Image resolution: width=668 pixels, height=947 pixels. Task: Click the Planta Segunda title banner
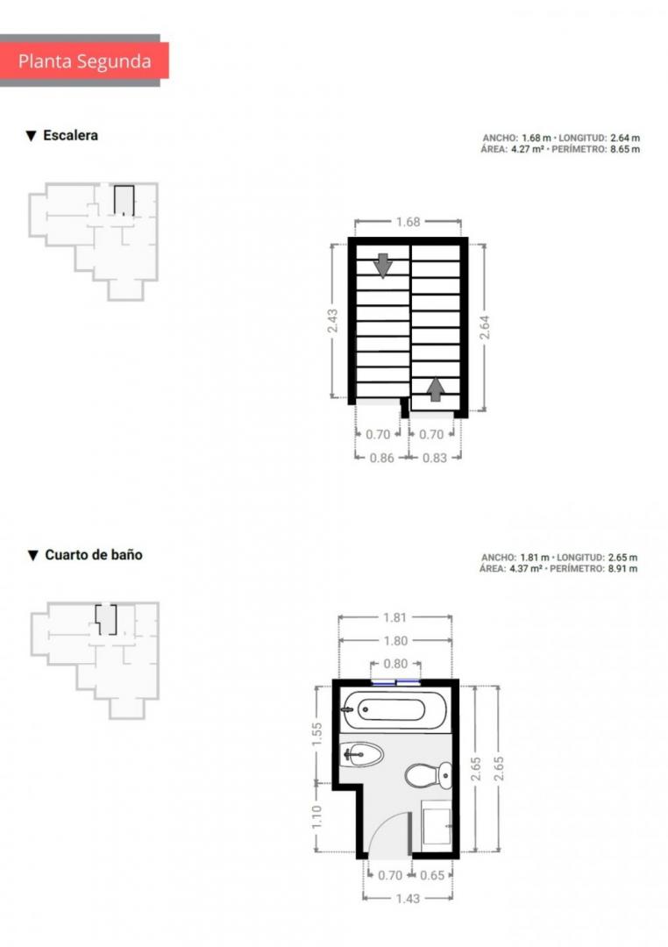(84, 61)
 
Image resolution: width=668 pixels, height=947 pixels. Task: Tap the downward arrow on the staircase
(383, 265)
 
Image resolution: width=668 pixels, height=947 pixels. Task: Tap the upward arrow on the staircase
(434, 389)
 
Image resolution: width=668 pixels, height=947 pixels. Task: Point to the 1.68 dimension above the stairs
(408, 222)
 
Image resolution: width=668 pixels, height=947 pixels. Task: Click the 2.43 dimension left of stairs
(332, 321)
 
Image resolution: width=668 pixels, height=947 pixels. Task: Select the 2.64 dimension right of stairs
(485, 327)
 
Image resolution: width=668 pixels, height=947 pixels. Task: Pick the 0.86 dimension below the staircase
(381, 458)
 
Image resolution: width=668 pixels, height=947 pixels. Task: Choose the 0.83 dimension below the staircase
(434, 458)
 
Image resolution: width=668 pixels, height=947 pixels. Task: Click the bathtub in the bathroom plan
(394, 709)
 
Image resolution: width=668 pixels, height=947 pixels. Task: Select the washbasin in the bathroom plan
(361, 754)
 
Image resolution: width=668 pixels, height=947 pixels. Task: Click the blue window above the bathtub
(395, 682)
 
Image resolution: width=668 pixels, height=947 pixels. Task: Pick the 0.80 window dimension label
(395, 664)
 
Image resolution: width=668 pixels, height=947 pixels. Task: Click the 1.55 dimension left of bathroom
(317, 735)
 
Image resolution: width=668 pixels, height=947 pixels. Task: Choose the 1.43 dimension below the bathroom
(408, 899)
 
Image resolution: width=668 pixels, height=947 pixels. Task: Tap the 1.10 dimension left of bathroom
(317, 817)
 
